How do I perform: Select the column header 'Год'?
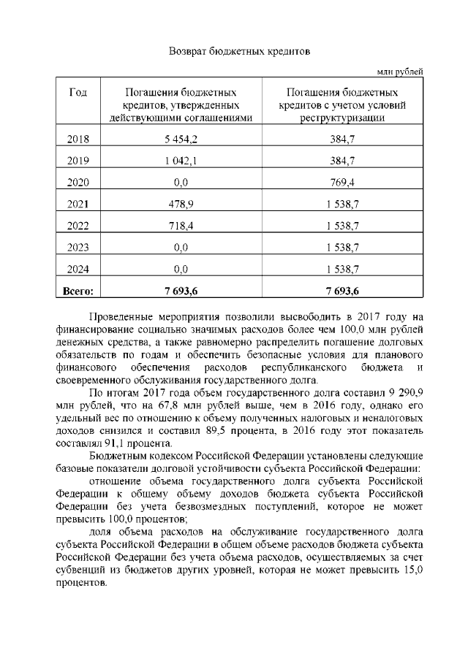click(x=78, y=93)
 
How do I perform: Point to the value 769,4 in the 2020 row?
click(x=342, y=183)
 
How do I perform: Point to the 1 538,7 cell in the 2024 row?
click(x=342, y=270)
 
